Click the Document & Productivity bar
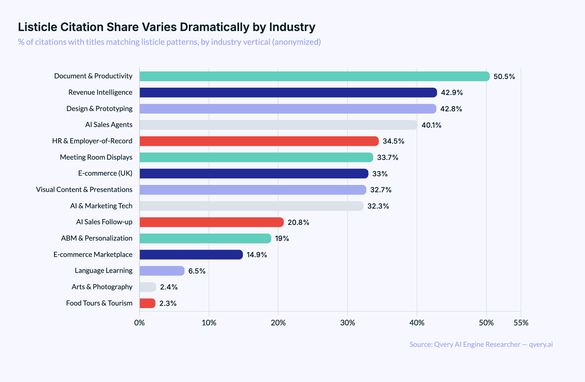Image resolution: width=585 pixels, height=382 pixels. pyautogui.click(x=314, y=76)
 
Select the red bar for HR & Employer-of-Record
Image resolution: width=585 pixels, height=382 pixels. pyautogui.click(x=259, y=141)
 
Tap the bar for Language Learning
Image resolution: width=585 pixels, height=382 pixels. pyautogui.click(x=162, y=271)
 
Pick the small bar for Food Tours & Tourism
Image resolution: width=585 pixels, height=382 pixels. pyautogui.click(x=148, y=303)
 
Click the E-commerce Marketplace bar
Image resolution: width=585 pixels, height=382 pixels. pyautogui.click(x=191, y=255)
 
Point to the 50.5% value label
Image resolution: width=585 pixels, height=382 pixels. pyautogui.click(x=504, y=76)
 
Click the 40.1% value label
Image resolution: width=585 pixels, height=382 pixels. pyautogui.click(x=431, y=125)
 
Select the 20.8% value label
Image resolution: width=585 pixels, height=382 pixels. pyautogui.click(x=298, y=222)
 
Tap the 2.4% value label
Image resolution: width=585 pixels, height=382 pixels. pyautogui.click(x=169, y=287)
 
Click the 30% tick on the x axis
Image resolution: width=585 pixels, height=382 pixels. pyautogui.click(x=348, y=323)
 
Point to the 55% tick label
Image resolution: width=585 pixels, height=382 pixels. pyautogui.click(x=521, y=323)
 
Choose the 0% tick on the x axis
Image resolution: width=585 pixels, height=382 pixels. pyautogui.click(x=140, y=323)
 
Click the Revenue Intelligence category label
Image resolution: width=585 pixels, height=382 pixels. pyautogui.click(x=100, y=92)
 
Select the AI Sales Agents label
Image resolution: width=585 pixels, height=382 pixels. pyautogui.click(x=108, y=124)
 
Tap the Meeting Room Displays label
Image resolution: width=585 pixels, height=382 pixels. pyautogui.click(x=96, y=157)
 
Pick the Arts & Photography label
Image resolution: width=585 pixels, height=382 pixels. pyautogui.click(x=102, y=287)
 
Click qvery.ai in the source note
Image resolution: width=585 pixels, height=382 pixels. pyautogui.click(x=541, y=344)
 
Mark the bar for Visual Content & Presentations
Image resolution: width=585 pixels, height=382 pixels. pyautogui.click(x=253, y=190)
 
